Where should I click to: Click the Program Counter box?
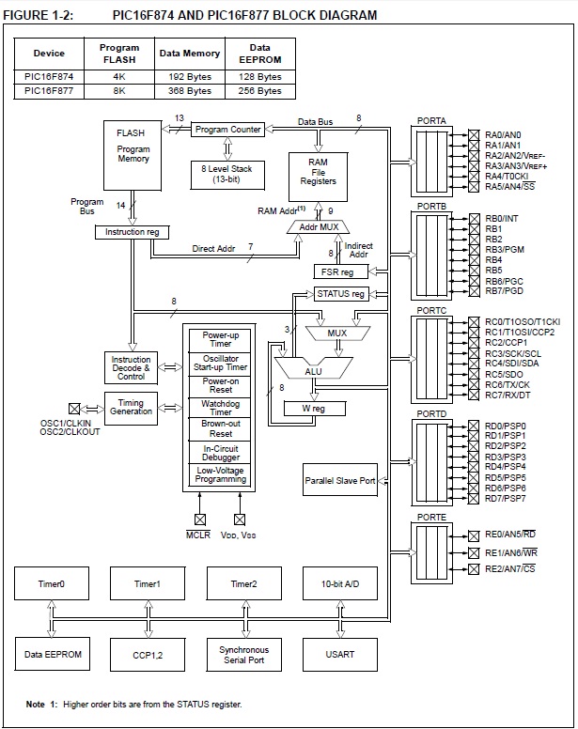click(x=228, y=130)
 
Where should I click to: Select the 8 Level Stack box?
click(x=227, y=173)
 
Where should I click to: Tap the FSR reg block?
click(x=338, y=271)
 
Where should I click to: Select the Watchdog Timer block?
click(x=221, y=407)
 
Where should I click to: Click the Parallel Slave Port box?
click(x=339, y=480)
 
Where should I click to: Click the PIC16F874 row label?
click(x=49, y=76)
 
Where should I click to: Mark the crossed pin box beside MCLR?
click(x=198, y=519)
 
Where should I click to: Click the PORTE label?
click(x=431, y=518)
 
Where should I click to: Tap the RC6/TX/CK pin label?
click(x=508, y=384)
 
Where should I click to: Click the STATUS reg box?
click(x=340, y=294)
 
